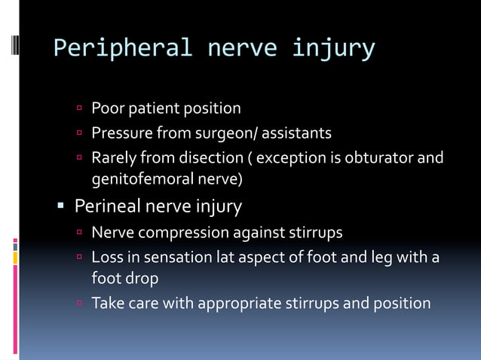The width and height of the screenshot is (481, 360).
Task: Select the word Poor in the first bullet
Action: click(x=106, y=108)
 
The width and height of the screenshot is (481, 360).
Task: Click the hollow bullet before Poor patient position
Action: click(x=79, y=108)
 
